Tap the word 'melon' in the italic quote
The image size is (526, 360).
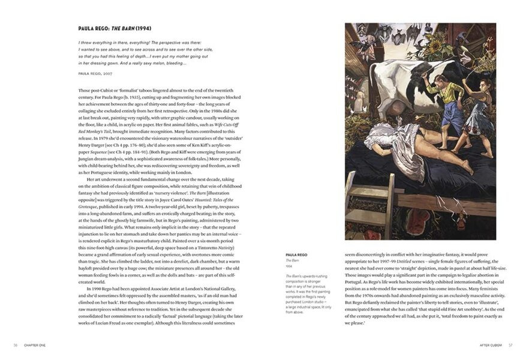(164, 64)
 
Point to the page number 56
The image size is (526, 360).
(15, 345)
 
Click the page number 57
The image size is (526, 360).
(510, 345)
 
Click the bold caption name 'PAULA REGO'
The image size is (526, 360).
(298, 254)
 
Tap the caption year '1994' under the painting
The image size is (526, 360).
(289, 265)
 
